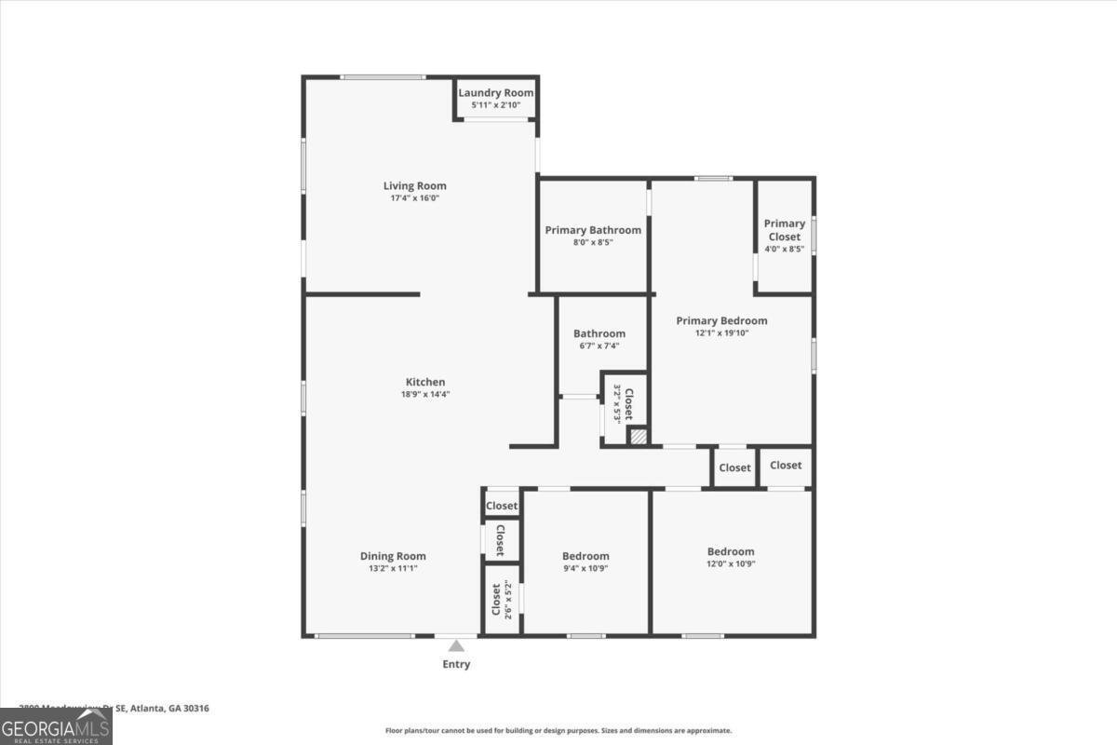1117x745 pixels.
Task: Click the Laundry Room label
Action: pos(496,93)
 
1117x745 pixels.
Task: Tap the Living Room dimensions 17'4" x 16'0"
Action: pos(414,198)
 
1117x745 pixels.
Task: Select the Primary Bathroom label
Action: pos(593,230)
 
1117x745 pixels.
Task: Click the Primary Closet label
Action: pos(785,230)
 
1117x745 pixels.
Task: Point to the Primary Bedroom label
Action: pos(721,320)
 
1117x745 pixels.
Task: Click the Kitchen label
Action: pos(425,382)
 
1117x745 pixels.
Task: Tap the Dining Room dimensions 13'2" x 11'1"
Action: pos(393,568)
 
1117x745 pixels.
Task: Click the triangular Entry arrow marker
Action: pos(456,645)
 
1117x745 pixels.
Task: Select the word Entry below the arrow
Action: pos(456,664)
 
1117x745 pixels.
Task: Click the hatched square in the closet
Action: pos(639,436)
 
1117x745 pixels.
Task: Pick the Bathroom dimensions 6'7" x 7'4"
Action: pos(599,346)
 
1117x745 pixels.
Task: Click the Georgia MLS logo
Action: pos(56,726)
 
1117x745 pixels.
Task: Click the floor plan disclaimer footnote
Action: pos(558,731)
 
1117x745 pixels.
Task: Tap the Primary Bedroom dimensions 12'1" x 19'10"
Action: pos(721,333)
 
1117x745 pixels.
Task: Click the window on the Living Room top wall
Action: pos(370,77)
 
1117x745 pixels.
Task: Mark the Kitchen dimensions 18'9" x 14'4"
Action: pos(425,395)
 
